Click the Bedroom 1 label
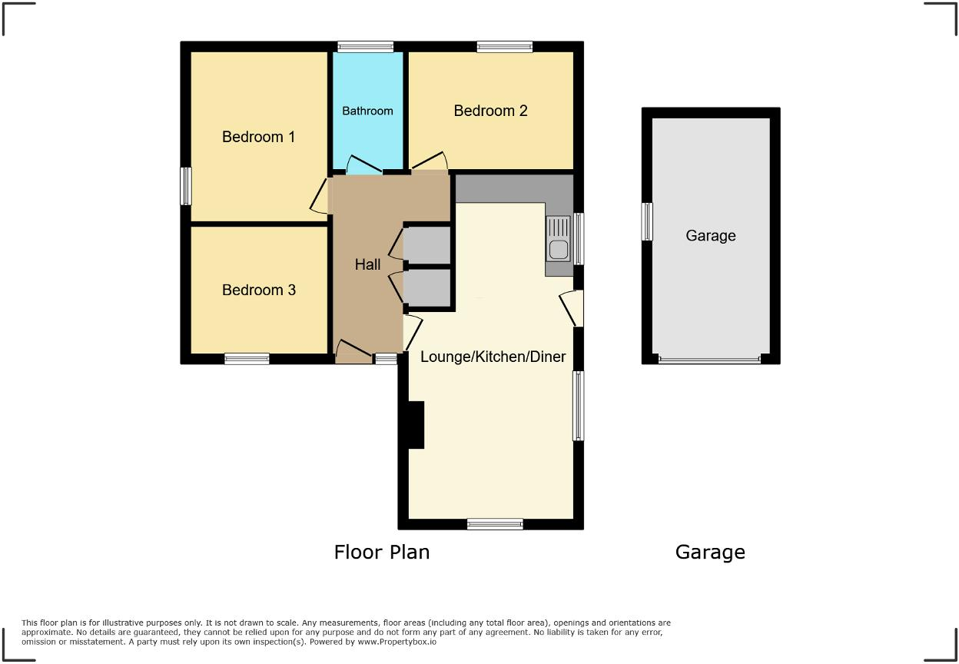pyautogui.click(x=258, y=137)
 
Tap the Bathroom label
pyautogui.click(x=367, y=111)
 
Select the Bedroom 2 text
pyautogui.click(x=490, y=111)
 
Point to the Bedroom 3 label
pyautogui.click(x=258, y=290)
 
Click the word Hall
pyautogui.click(x=367, y=264)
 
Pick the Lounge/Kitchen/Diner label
pyautogui.click(x=493, y=357)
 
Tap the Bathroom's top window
pyautogui.click(x=366, y=47)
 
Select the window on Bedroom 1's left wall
pyautogui.click(x=185, y=186)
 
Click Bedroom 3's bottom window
pyautogui.click(x=247, y=358)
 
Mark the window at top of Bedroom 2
pyautogui.click(x=504, y=47)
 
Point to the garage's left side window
pyautogui.click(x=647, y=221)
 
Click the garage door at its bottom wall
pyautogui.click(x=710, y=359)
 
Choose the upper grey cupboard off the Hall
pyautogui.click(x=427, y=244)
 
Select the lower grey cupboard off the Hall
pyautogui.click(x=427, y=287)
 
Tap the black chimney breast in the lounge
pyautogui.click(x=416, y=424)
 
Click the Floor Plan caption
pyautogui.click(x=381, y=552)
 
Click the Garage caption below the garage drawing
pyautogui.click(x=710, y=552)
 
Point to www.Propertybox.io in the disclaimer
pyautogui.click(x=397, y=641)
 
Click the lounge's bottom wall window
pyautogui.click(x=495, y=524)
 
